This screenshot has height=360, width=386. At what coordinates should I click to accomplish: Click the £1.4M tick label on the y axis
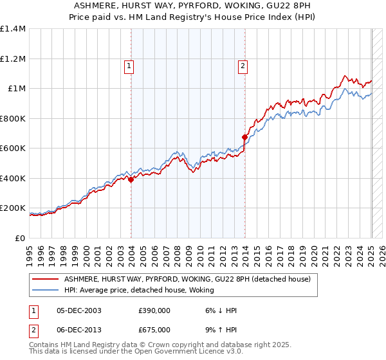pyautogui.click(x=13, y=29)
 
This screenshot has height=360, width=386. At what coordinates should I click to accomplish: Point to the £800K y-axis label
pyautogui.click(x=13, y=118)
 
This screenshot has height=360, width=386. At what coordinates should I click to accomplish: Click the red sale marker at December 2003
pyautogui.click(x=131, y=180)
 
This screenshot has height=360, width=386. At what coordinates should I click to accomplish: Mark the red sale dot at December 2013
pyautogui.click(x=245, y=137)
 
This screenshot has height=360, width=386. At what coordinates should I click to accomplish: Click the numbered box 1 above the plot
pyautogui.click(x=129, y=65)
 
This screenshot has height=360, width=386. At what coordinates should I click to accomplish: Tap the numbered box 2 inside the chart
pyautogui.click(x=243, y=65)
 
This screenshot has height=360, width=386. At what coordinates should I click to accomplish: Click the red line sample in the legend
pyautogui.click(x=46, y=279)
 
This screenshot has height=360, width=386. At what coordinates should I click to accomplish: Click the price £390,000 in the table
pyautogui.click(x=154, y=310)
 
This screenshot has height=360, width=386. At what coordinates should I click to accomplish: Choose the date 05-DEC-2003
pyautogui.click(x=79, y=310)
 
